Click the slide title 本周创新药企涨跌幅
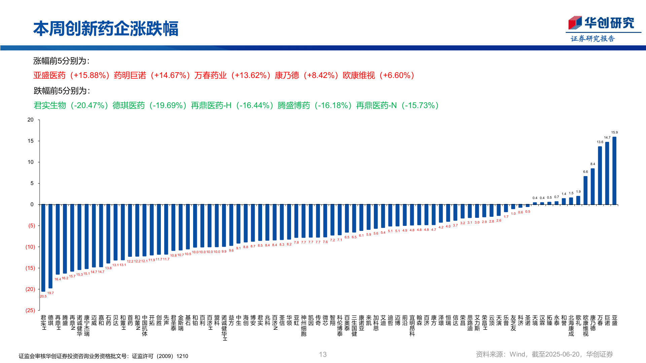pyautogui.click(x=106, y=29)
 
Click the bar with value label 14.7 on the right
pyautogui.click(x=607, y=173)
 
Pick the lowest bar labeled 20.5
pyautogui.click(x=43, y=248)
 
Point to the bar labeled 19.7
pyautogui.click(x=50, y=246)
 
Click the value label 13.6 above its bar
pyautogui.click(x=600, y=142)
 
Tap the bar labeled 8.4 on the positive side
pyautogui.click(x=593, y=187)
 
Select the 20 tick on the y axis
pyautogui.click(x=31, y=120)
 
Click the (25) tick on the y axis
pyautogui.click(x=30, y=311)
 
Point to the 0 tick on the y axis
pyautogui.click(x=32, y=204)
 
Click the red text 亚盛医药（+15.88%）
pyautogui.click(x=72, y=75)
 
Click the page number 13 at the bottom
pyautogui.click(x=323, y=354)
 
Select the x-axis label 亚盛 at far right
pyautogui.click(x=614, y=320)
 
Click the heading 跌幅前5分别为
pyautogui.click(x=62, y=91)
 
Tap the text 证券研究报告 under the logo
pyautogui.click(x=593, y=39)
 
